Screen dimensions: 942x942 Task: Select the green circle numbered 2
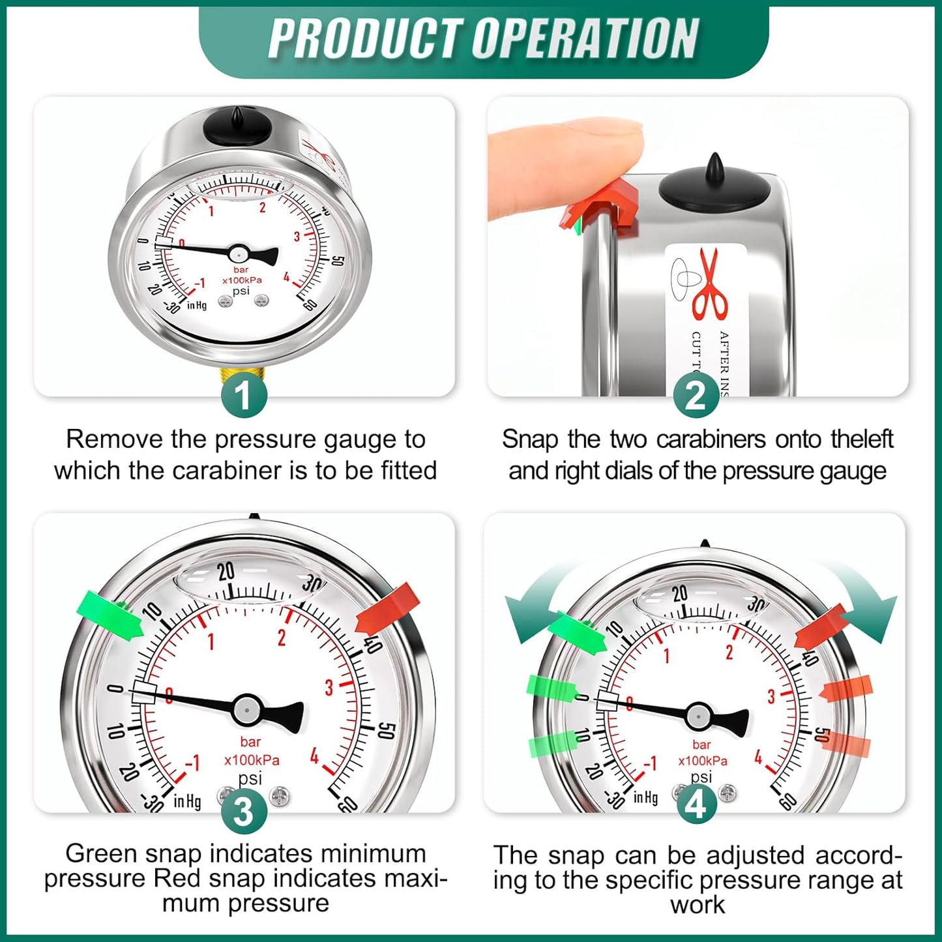coord(696,395)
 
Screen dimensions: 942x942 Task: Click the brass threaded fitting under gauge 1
coord(243,374)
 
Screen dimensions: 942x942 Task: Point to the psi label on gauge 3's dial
coord(250,778)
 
